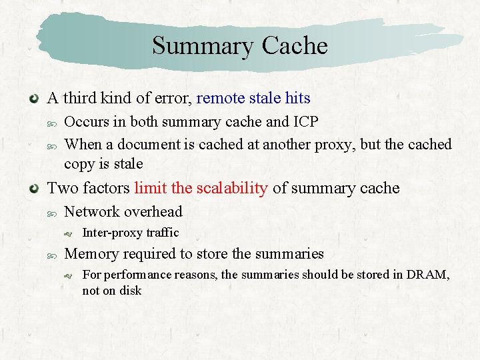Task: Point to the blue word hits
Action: click(x=297, y=99)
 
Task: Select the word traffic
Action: click(x=161, y=233)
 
